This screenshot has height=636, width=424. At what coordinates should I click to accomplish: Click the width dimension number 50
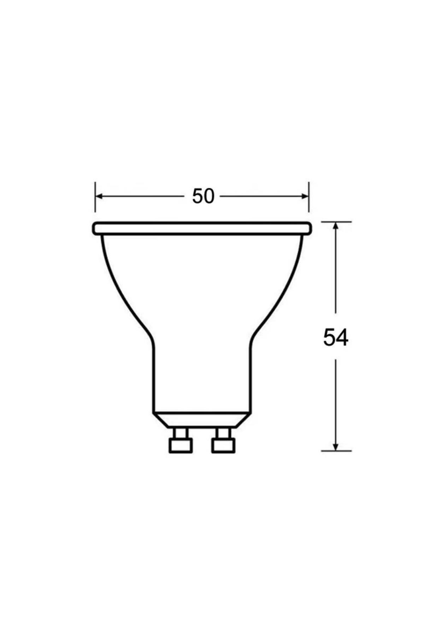coord(203,196)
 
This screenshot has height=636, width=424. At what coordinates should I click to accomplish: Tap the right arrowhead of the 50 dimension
coord(305,196)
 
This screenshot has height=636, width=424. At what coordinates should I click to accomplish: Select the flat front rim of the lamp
coord(202,228)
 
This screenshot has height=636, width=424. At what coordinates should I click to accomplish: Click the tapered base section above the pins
coord(202,420)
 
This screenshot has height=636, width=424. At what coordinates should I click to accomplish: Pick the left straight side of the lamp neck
coord(154,378)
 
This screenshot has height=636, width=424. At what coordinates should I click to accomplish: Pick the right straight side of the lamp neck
coord(251,378)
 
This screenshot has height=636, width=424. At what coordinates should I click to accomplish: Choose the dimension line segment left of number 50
coord(141,196)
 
